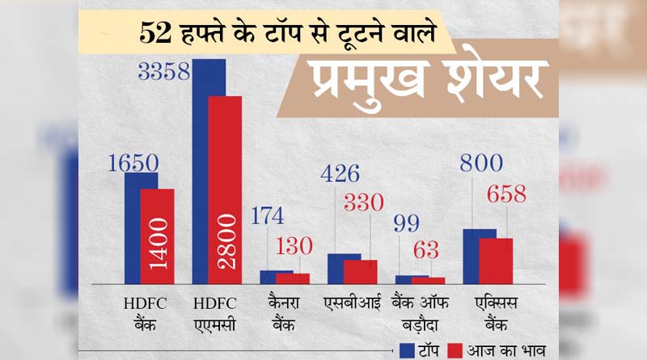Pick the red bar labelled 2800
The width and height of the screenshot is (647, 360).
pyautogui.click(x=225, y=190)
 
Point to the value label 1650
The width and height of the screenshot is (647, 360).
pyautogui.click(x=133, y=162)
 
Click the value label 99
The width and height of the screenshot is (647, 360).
pyautogui.click(x=407, y=224)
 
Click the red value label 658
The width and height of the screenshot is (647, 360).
pyautogui.click(x=505, y=194)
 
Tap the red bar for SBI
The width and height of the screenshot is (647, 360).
pyautogui.click(x=360, y=272)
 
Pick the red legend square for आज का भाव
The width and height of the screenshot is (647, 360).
pyautogui.click(x=455, y=349)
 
